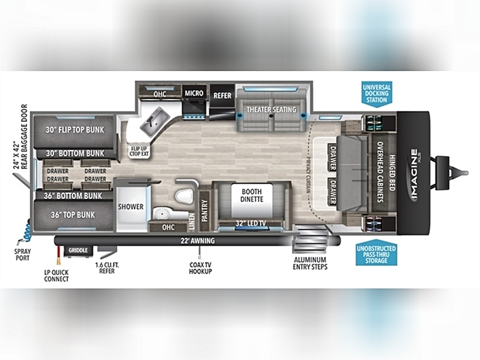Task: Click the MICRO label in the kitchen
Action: pyautogui.click(x=194, y=93)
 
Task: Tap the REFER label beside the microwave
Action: pyautogui.click(x=223, y=96)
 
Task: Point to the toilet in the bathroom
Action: pyautogui.click(x=184, y=196)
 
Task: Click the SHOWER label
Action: pyautogui.click(x=131, y=206)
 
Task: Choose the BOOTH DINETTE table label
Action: pyautogui.click(x=252, y=195)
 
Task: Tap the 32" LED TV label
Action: pyautogui.click(x=251, y=224)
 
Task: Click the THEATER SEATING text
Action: pyautogui.click(x=272, y=109)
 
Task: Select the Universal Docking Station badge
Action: pyautogui.click(x=376, y=94)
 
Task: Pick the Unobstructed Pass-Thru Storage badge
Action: pyautogui.click(x=376, y=253)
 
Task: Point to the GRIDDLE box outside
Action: pyautogui.click(x=78, y=251)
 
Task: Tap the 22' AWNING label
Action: pyautogui.click(x=197, y=241)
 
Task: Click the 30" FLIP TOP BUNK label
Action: pyautogui.click(x=75, y=130)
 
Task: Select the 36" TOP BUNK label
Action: pyautogui.click(x=73, y=215)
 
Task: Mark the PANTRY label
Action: pyautogui.click(x=205, y=210)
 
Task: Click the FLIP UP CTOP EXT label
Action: pyautogui.click(x=139, y=151)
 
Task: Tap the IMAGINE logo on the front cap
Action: pyautogui.click(x=414, y=175)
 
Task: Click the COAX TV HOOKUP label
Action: pyautogui.click(x=201, y=268)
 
